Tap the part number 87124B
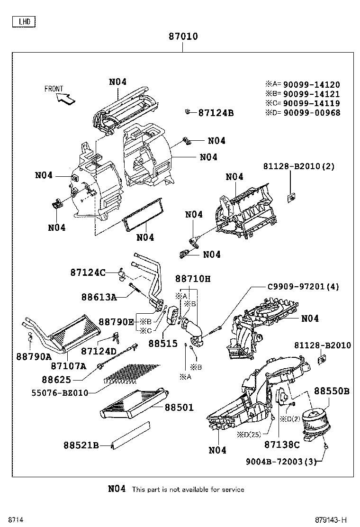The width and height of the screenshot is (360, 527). pos(216,113)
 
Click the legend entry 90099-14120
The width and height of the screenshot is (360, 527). pos(311,85)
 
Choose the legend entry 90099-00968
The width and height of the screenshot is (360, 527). pos(311,112)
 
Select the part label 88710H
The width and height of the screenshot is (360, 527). pos(192,279)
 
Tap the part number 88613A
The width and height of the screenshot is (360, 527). pos(99,297)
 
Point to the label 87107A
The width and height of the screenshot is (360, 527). pos(68,365)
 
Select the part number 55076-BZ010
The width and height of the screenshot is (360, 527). pos(60,393)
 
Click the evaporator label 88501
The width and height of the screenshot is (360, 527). pos(179,407)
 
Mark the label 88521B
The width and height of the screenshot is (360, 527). pos(81,445)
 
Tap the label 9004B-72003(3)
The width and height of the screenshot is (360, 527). pos(280,461)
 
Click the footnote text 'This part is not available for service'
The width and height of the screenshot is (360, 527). pos(188,489)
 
